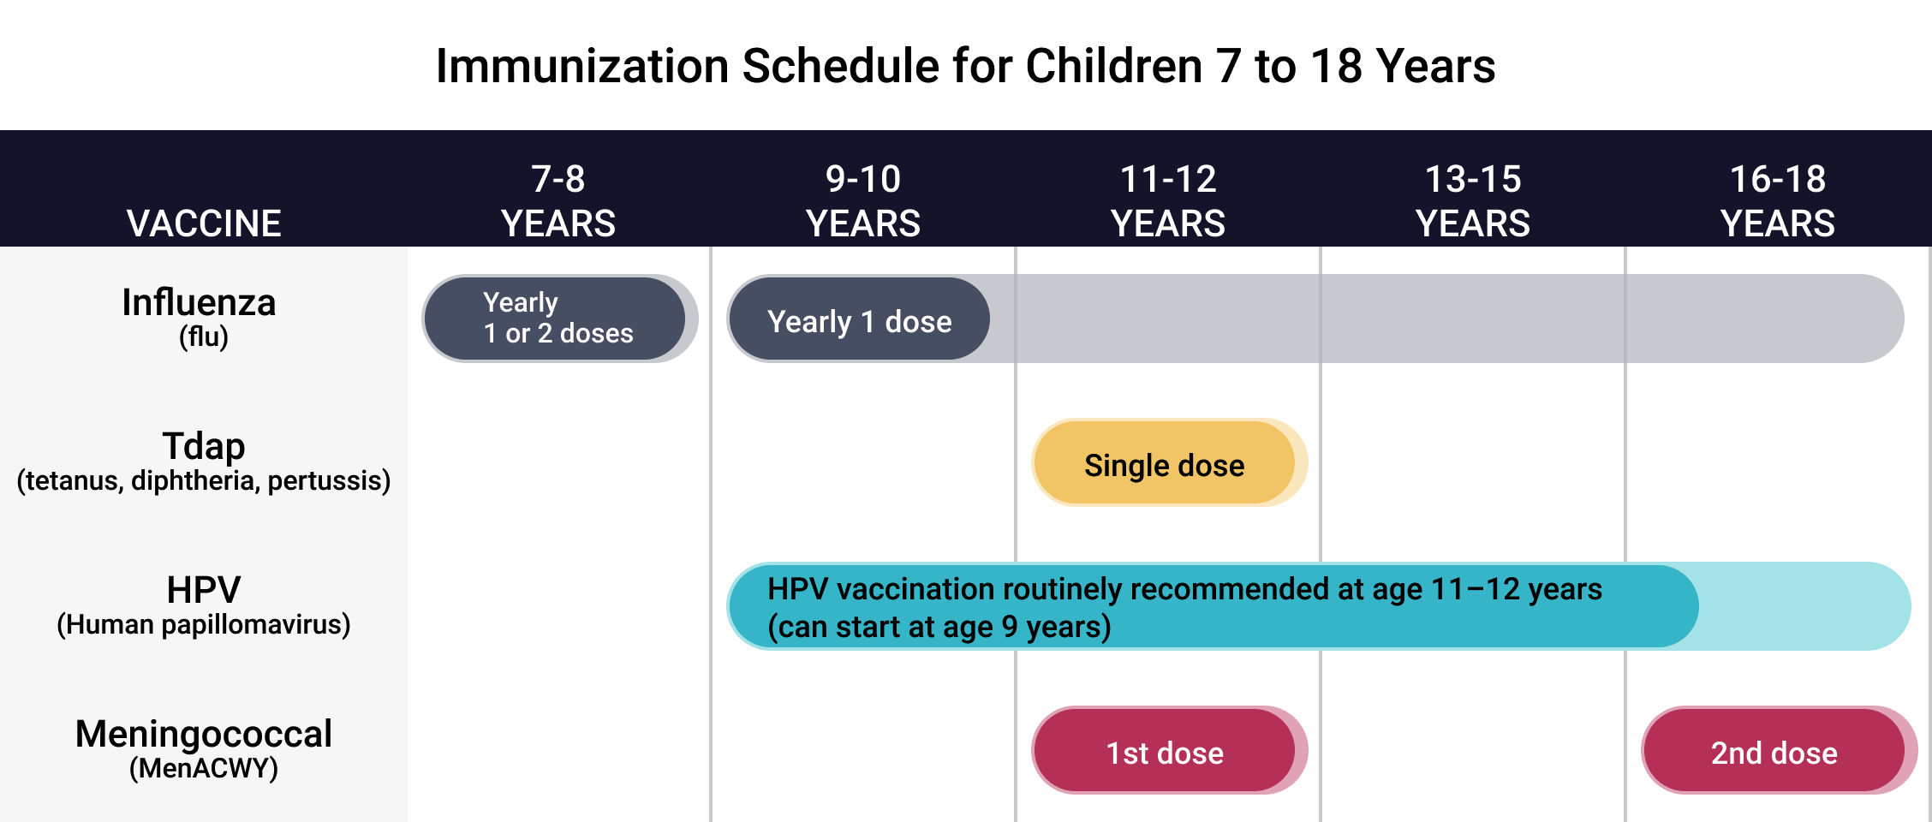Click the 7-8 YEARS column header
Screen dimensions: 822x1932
click(x=558, y=201)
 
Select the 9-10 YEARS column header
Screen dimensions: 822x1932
click(x=863, y=201)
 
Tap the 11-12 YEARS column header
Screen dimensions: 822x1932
click(x=1168, y=201)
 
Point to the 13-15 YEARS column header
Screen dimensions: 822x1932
click(x=1473, y=201)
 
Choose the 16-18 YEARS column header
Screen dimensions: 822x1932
click(x=1778, y=201)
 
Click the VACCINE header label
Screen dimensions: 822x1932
click(x=204, y=223)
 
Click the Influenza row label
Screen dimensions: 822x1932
click(x=199, y=303)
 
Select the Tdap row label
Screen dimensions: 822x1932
click(x=204, y=446)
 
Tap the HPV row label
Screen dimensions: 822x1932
click(x=204, y=590)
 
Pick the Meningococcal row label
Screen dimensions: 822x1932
click(x=204, y=734)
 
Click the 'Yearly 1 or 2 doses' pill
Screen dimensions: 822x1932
click(x=557, y=319)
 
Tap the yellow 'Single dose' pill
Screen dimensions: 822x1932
click(x=1165, y=463)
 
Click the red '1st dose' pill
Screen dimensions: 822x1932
click(x=1165, y=751)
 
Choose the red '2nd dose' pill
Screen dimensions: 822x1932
click(x=1774, y=751)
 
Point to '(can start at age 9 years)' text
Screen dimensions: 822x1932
click(x=939, y=627)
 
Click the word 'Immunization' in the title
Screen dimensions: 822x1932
click(x=581, y=66)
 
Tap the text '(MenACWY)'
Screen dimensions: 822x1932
click(x=204, y=768)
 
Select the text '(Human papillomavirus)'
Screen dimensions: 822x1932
click(x=204, y=624)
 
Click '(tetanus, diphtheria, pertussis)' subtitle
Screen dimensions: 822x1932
click(x=204, y=480)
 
